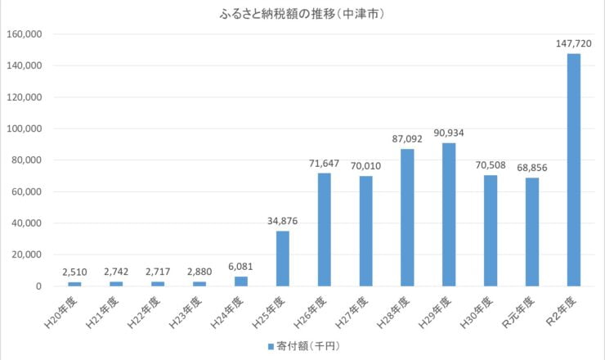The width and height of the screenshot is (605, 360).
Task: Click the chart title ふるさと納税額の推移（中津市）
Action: [x=303, y=14]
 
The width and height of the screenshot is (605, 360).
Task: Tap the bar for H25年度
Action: [x=282, y=259]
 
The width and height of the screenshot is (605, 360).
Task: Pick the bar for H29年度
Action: [x=449, y=214]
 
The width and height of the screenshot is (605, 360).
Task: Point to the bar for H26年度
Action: [x=324, y=230]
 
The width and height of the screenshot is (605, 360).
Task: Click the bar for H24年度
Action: [x=240, y=281]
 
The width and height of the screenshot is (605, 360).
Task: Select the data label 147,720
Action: [x=574, y=43]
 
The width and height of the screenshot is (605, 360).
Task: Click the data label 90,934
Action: [x=449, y=133]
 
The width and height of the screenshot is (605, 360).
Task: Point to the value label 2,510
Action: [x=74, y=272]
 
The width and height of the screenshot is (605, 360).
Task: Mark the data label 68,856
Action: [x=532, y=168]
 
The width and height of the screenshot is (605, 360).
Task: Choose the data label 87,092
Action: [x=407, y=138]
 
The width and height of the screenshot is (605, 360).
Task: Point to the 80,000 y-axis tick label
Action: [x=26, y=160]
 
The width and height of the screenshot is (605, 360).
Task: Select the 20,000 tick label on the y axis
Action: [x=26, y=255]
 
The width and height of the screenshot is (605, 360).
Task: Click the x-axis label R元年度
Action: [x=527, y=312]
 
